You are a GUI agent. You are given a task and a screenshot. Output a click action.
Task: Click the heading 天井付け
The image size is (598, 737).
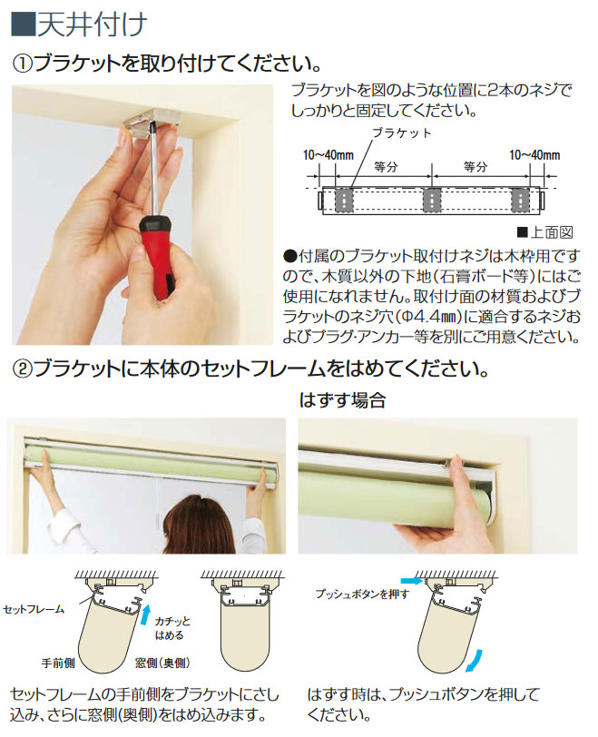(x=92, y=24)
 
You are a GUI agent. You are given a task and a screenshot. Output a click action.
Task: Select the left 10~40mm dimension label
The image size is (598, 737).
(x=328, y=154)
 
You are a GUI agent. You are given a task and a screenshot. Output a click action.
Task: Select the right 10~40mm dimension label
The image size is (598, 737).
(x=534, y=154)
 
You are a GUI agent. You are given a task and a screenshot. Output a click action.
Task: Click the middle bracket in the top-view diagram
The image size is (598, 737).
(x=431, y=201)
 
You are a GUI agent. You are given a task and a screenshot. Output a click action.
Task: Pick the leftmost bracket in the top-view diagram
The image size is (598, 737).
(x=344, y=201)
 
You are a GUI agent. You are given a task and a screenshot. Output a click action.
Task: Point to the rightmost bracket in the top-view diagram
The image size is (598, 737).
(x=520, y=201)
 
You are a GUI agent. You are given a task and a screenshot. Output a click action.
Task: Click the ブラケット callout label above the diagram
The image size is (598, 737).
(x=402, y=133)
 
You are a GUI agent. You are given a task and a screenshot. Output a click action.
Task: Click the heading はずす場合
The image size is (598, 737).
(x=342, y=400)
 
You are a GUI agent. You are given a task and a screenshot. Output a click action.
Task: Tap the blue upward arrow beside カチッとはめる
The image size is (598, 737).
(x=146, y=614)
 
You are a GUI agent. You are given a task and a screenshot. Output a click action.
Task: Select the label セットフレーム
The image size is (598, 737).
(x=34, y=610)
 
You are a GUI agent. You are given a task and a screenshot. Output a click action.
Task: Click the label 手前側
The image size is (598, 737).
(x=58, y=663)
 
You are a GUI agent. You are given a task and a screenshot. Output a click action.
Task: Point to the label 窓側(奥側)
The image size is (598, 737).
(x=162, y=663)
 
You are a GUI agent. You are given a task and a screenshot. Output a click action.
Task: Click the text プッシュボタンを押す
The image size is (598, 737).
(x=362, y=595)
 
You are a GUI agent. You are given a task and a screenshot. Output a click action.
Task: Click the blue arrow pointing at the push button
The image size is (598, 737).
(x=412, y=581)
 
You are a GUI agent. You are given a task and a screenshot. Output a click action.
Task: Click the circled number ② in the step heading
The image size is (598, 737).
(x=22, y=369)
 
